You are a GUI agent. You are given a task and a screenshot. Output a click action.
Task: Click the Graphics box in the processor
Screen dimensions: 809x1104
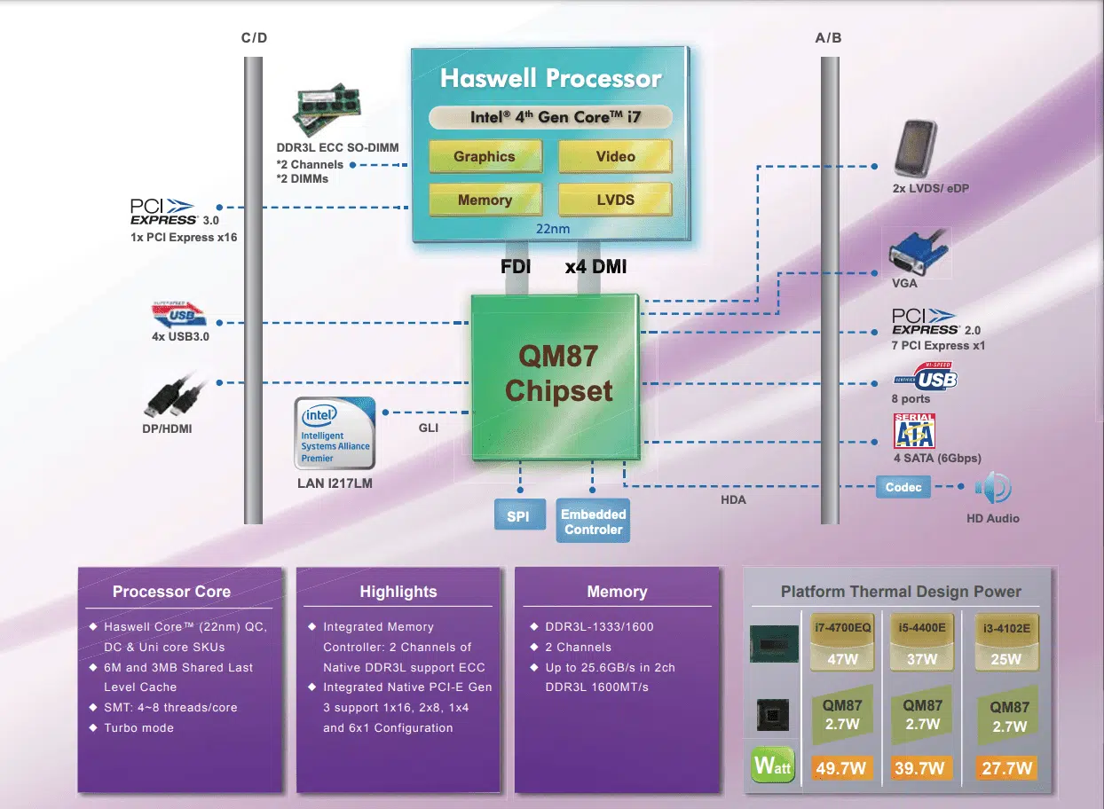tap(485, 156)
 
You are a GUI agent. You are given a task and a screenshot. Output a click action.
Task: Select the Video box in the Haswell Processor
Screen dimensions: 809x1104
tap(615, 156)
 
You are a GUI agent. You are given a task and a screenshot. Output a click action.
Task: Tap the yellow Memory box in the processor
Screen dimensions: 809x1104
tap(485, 200)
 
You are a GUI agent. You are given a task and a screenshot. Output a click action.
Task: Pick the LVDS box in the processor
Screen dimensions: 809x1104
tap(615, 200)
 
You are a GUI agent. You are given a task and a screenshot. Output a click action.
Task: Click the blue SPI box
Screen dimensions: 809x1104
tap(517, 515)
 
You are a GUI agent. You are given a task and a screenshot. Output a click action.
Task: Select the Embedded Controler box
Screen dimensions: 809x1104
tap(593, 522)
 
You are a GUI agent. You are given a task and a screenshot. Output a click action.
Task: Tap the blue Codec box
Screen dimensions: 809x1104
tap(903, 487)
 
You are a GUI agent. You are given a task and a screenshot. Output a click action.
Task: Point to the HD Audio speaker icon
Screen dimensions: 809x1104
tap(992, 488)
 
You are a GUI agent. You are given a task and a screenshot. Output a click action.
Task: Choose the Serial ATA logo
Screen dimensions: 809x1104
tap(914, 431)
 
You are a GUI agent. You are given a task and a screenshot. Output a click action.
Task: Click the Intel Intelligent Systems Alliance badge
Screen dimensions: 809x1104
tap(335, 433)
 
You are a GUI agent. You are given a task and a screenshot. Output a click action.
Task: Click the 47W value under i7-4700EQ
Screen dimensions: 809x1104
tap(843, 659)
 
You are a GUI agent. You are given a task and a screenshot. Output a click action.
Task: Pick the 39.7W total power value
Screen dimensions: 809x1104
tap(922, 768)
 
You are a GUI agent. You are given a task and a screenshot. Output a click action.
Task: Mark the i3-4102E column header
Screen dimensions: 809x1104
tap(1008, 629)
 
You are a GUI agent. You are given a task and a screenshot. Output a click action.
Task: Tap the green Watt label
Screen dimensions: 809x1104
tap(772, 766)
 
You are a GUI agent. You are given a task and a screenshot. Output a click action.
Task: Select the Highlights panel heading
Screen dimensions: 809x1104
tap(398, 592)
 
